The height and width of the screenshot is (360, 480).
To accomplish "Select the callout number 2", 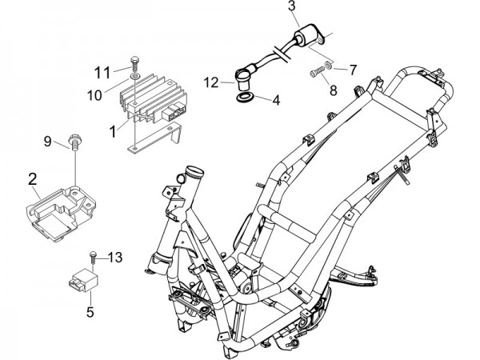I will tap(33, 179).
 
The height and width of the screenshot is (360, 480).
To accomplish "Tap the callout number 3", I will tap(291, 6).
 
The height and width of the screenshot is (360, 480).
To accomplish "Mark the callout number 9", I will tap(48, 142).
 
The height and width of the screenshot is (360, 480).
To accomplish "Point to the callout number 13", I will tap(115, 258).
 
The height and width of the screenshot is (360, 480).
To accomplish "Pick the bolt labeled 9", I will tap(75, 142).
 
